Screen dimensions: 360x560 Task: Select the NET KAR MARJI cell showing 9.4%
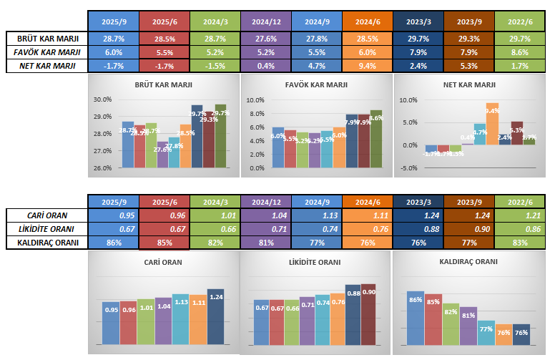click(x=368, y=65)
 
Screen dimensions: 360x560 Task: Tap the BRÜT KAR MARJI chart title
click(x=162, y=84)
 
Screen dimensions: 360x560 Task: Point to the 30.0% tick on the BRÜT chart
click(x=103, y=99)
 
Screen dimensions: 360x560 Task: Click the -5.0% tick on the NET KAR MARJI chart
click(x=407, y=168)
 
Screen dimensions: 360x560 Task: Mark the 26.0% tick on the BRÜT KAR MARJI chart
click(x=103, y=168)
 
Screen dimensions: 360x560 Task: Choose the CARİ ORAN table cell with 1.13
click(x=317, y=215)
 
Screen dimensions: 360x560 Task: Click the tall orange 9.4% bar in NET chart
click(x=492, y=125)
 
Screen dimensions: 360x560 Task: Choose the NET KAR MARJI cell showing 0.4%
click(x=266, y=65)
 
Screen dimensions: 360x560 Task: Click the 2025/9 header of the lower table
click(x=114, y=200)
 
